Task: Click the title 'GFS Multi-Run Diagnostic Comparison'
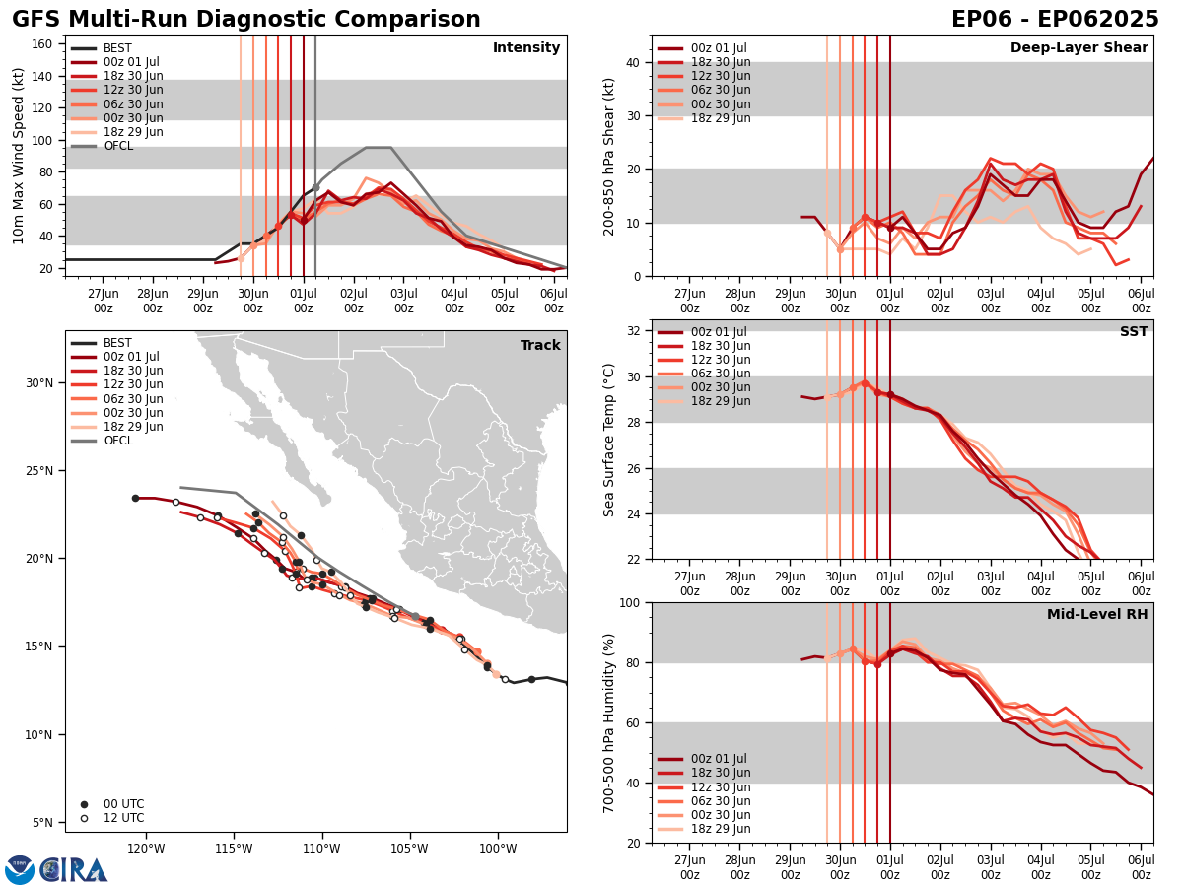246,20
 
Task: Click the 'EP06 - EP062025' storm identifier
1055,20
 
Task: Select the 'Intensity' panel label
526,48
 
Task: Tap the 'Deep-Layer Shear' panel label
1079,48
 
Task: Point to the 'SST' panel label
1134,332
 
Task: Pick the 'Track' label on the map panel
540,346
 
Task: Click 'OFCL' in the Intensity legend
118,146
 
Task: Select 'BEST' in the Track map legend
118,343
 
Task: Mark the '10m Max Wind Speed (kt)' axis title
18,156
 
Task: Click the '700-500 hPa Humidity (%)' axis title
609,722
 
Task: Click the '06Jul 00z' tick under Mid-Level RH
1141,867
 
